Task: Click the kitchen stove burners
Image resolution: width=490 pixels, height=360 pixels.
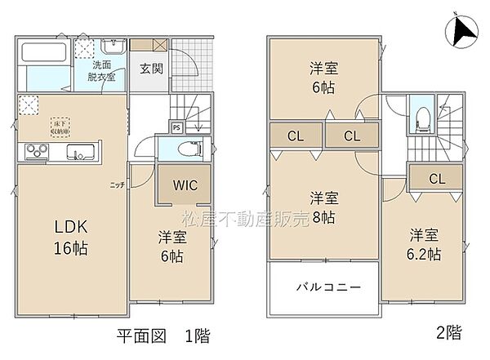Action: [38, 153]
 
